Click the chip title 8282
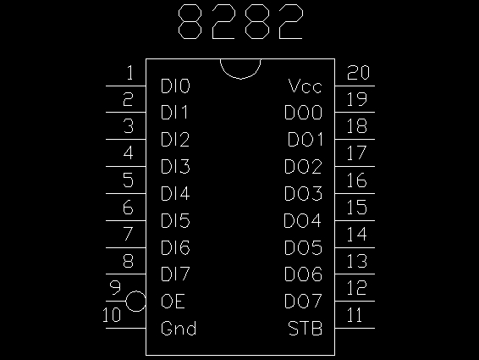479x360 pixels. point(240,22)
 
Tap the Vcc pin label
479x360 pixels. point(305,86)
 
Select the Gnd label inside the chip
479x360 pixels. point(179,328)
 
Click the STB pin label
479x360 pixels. point(305,328)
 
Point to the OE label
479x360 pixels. point(173,301)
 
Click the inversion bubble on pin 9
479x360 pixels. point(135,302)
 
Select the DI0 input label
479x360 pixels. point(175,86)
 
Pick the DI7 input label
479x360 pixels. point(175,274)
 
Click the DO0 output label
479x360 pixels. point(303,113)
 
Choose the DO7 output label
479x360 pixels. point(303,301)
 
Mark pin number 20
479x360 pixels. point(358,73)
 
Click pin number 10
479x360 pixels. point(112,315)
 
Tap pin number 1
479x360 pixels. point(129,73)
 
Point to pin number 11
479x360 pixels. point(355,315)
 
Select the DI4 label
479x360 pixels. point(175,193)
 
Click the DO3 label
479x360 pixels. point(303,193)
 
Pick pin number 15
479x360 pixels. point(357,207)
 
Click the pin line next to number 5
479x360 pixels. point(126,193)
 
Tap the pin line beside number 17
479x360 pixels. point(355,166)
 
